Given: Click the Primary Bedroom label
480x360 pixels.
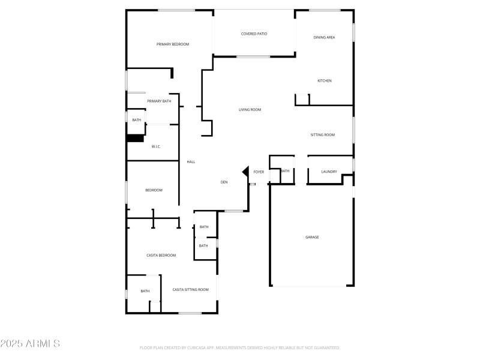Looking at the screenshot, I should pyautogui.click(x=173, y=44).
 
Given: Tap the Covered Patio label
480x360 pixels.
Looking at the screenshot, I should pyautogui.click(x=254, y=34).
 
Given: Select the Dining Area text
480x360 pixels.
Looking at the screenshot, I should pyautogui.click(x=324, y=38).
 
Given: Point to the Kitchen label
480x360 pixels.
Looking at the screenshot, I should pyautogui.click(x=325, y=81).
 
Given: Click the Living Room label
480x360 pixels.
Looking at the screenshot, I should pyautogui.click(x=250, y=110).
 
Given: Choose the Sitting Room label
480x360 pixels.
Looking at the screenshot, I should pyautogui.click(x=322, y=135).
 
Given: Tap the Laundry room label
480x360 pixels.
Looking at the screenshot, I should pyautogui.click(x=329, y=172).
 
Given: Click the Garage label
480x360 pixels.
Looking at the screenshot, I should pyautogui.click(x=312, y=238).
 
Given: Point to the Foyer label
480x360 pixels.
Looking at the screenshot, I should pyautogui.click(x=259, y=172).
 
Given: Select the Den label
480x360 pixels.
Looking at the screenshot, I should pyautogui.click(x=224, y=182).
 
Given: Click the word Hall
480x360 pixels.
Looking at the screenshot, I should pyautogui.click(x=191, y=162).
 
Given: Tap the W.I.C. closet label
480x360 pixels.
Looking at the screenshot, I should pyautogui.click(x=155, y=147).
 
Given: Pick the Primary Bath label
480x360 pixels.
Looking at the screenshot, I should pyautogui.click(x=159, y=101).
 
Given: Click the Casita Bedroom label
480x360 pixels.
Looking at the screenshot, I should pyautogui.click(x=161, y=256).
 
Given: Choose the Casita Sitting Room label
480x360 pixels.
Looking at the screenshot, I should pyautogui.click(x=190, y=290).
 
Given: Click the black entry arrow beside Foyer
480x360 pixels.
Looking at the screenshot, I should pyautogui.click(x=245, y=172).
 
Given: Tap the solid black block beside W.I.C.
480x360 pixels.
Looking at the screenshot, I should pyautogui.click(x=134, y=138).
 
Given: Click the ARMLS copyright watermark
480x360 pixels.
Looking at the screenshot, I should pyautogui.click(x=30, y=344).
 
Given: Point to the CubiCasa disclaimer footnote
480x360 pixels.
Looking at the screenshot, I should pyautogui.click(x=240, y=347).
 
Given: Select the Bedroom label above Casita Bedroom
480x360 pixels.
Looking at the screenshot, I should pyautogui.click(x=154, y=190).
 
